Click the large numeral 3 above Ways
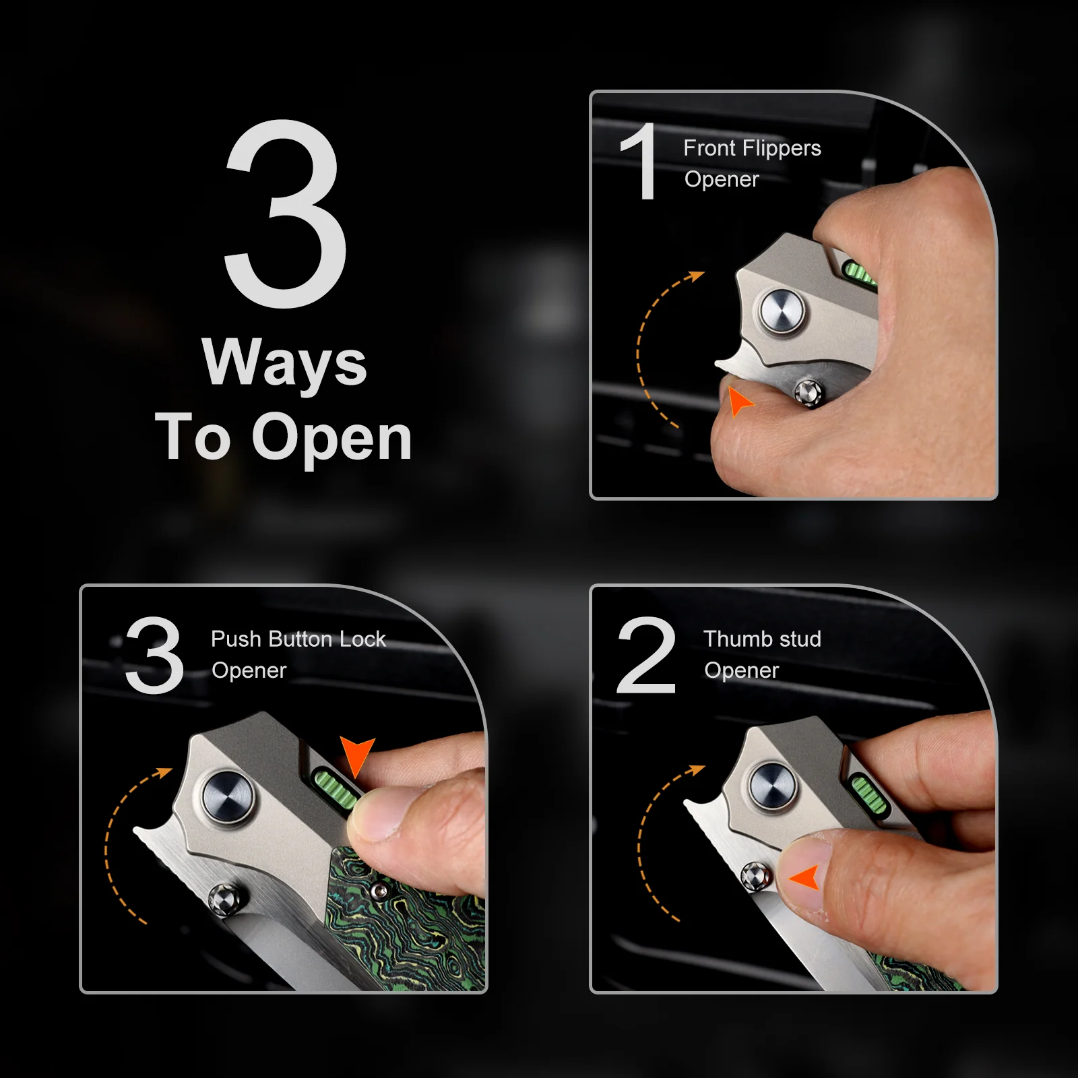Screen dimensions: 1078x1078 [x=286, y=214]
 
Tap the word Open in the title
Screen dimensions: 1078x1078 [x=331, y=439]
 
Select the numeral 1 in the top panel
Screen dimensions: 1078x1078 [x=639, y=161]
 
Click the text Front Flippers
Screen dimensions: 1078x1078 [x=752, y=148]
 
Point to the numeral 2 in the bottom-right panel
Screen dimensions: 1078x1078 [x=646, y=654]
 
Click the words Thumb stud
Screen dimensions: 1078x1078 [x=762, y=639]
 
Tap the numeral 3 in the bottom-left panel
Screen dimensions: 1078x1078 [x=155, y=654]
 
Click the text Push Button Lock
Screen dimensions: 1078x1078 [x=298, y=639]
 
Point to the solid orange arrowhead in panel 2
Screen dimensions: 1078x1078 [x=805, y=877]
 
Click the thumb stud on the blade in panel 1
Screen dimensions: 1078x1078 [x=808, y=393]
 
